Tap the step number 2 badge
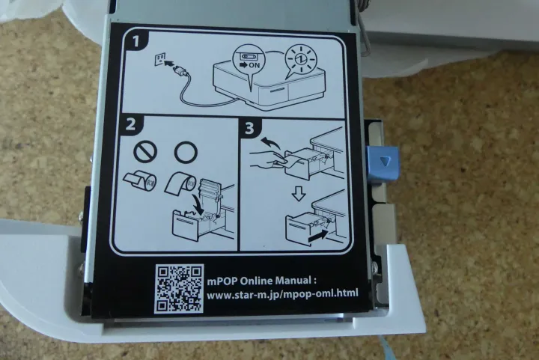(130, 124)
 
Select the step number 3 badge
(250, 128)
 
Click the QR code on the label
(179, 289)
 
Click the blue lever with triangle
(383, 163)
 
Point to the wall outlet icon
(160, 59)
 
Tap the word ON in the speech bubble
(255, 65)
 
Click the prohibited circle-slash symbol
(145, 152)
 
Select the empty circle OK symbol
(186, 151)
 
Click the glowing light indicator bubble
(299, 58)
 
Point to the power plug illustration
(181, 71)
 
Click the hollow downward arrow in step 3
(299, 195)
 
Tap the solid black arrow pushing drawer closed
(318, 236)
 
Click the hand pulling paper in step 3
(267, 159)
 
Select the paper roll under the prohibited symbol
(140, 181)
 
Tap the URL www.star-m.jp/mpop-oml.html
(282, 294)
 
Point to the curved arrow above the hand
(269, 142)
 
